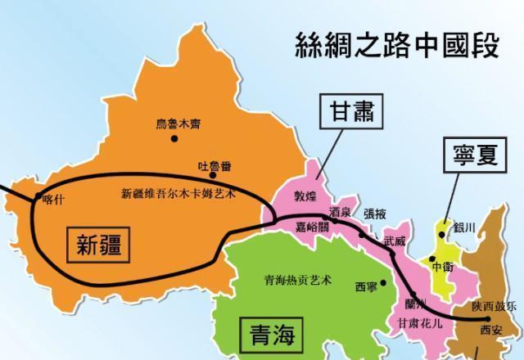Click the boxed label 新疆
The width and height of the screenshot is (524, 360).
pyautogui.click(x=99, y=243)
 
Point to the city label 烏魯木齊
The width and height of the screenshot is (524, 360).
pyautogui.click(x=178, y=124)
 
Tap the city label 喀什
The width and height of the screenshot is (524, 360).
pyautogui.click(x=52, y=197)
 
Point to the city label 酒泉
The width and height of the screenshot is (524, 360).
pyautogui.click(x=340, y=212)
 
